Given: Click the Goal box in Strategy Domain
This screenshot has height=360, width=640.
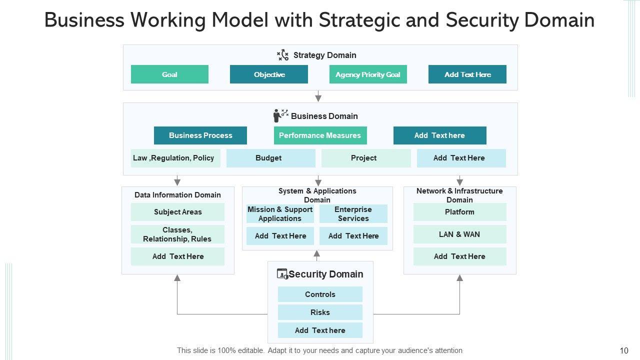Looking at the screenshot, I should coord(169,74).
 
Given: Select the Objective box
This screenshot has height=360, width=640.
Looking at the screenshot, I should coord(269,74).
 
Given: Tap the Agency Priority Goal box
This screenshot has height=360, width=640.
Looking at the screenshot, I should coord(368,74).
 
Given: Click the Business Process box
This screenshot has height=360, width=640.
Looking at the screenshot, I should coord(200,135).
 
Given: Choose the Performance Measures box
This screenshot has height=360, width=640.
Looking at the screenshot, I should coord(320,135).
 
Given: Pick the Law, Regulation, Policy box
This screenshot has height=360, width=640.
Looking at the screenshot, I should coord(175,158).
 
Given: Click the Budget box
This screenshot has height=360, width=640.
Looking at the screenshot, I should coord(270,158).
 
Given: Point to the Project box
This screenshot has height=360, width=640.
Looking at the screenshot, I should coord(365,158).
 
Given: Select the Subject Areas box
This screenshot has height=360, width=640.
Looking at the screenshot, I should coord(177,212).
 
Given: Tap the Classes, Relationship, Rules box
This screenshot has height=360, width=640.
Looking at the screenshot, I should coord(177,234).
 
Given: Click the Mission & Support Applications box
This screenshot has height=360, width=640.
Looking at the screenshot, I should coord(280,214).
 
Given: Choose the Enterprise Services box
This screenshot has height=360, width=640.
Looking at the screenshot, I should coord(353,214).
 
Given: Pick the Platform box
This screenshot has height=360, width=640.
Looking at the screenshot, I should coord(459,212).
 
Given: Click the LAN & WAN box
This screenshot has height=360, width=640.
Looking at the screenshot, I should coord(459,234).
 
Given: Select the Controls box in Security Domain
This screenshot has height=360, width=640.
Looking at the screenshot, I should coord(320,294).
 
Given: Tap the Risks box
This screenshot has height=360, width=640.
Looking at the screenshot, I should coord(320,312).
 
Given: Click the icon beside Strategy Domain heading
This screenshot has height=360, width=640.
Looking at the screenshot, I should coord(283,55).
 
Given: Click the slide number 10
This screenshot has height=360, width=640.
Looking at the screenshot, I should coord(623,351).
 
